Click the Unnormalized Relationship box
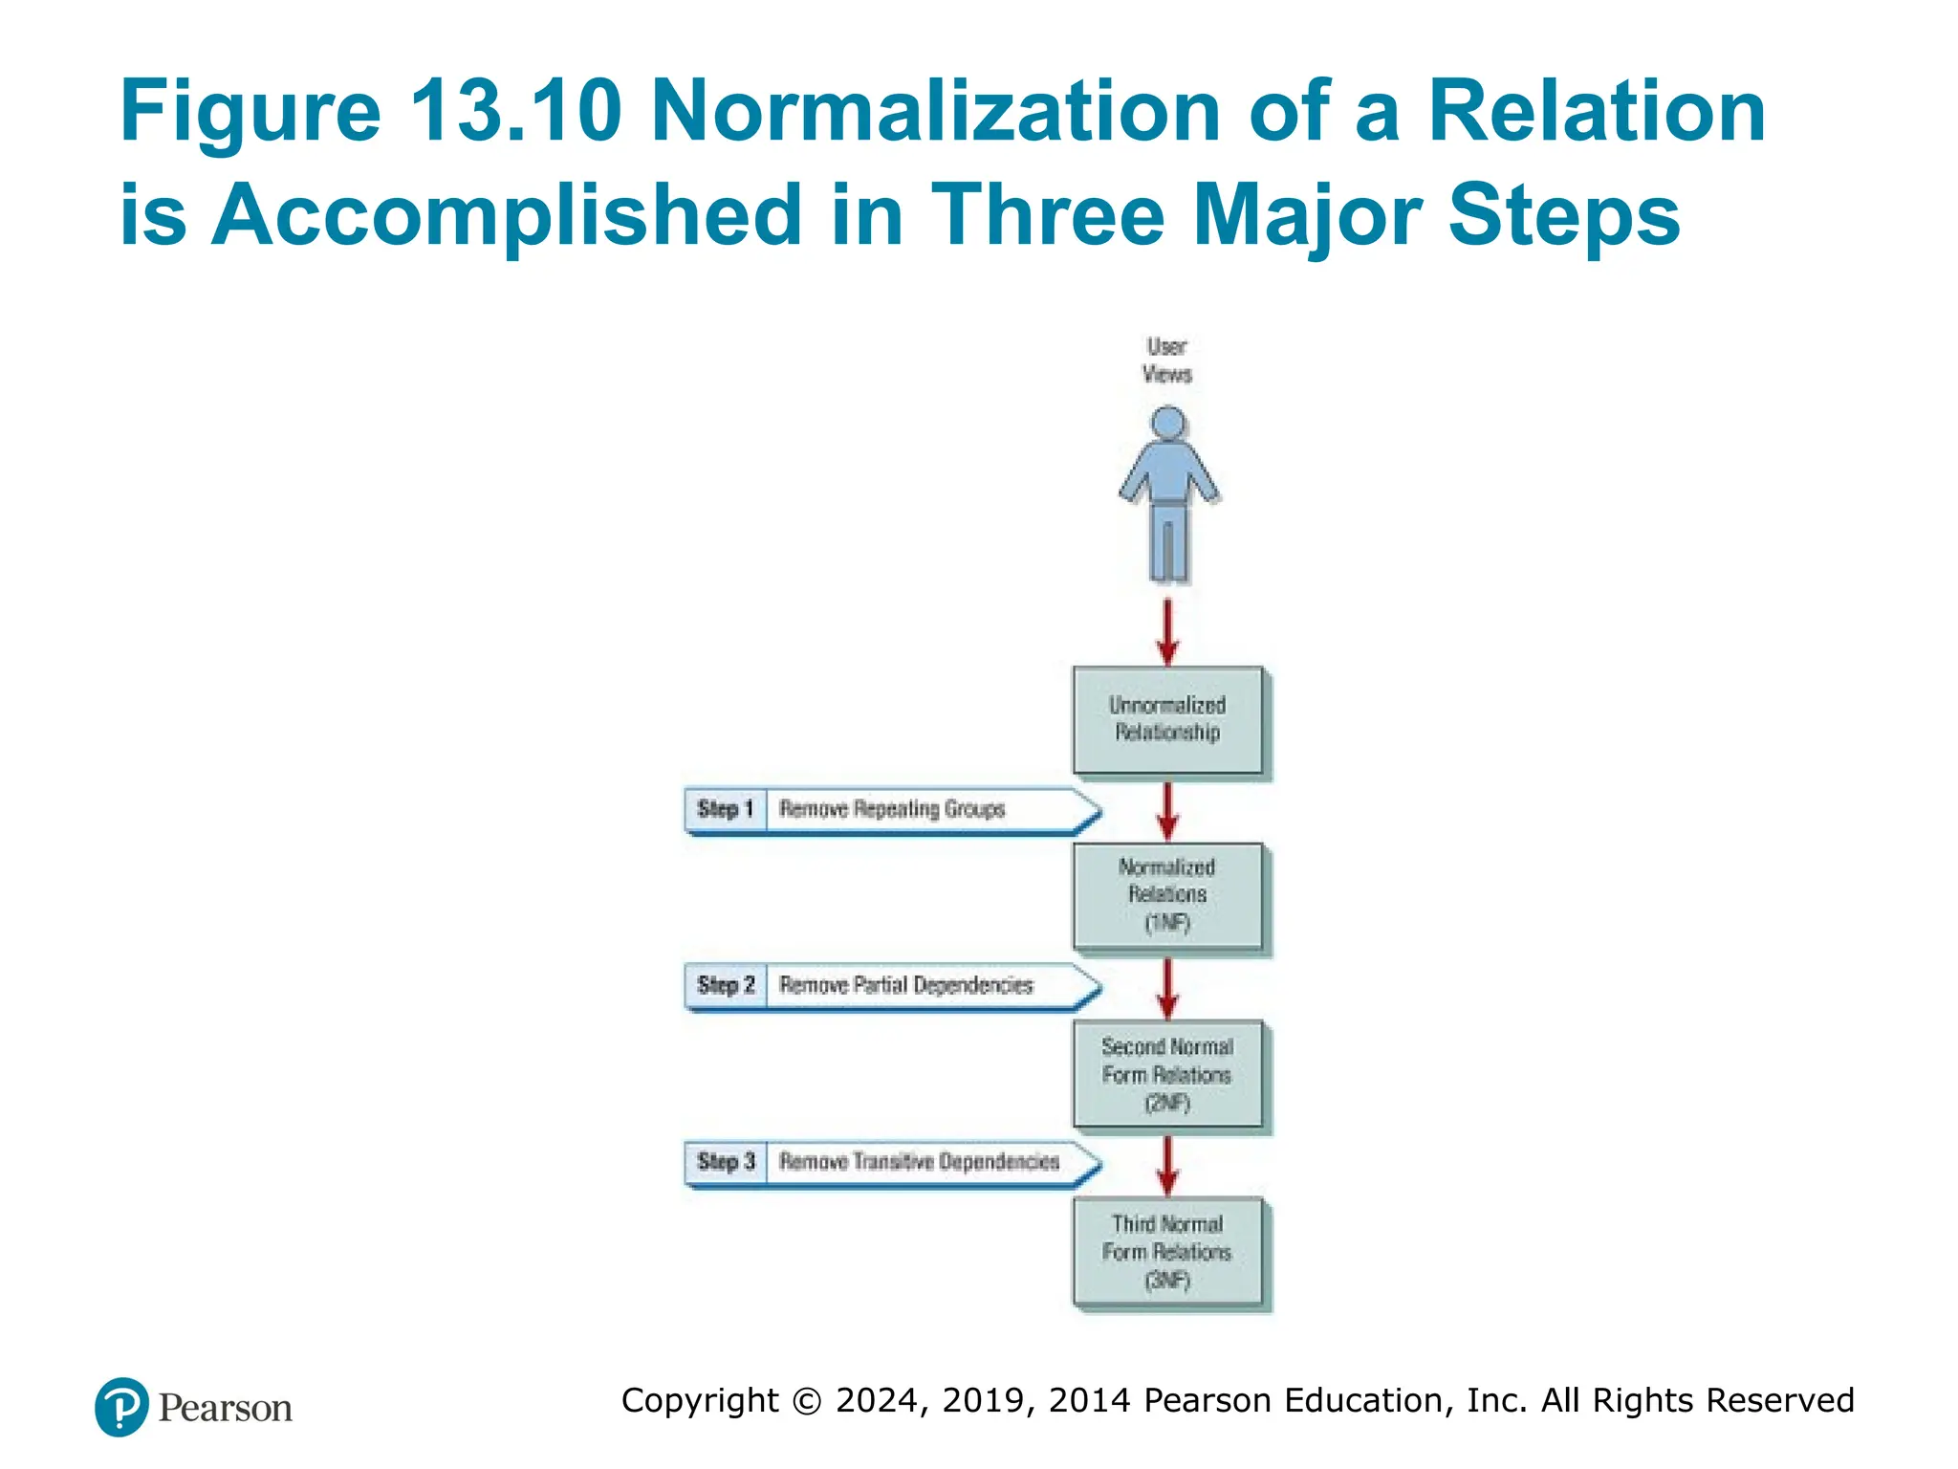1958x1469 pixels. point(1167,720)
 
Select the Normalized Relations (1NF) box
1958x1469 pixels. point(1167,896)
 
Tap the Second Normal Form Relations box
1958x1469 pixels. point(1167,1074)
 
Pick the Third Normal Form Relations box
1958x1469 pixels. point(1167,1251)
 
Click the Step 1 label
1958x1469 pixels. point(726,809)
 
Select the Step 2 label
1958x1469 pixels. point(726,985)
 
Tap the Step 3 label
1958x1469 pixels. point(726,1162)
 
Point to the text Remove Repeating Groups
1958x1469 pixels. point(892,809)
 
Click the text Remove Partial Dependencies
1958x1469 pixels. point(905,985)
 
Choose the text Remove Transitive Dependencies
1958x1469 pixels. point(919,1162)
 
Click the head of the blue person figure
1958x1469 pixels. point(1168,423)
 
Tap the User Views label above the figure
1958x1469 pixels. point(1167,361)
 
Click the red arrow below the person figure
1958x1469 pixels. point(1167,631)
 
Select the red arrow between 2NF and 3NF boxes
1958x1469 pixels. point(1167,1165)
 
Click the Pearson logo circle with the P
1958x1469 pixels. point(121,1407)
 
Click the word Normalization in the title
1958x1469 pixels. point(935,111)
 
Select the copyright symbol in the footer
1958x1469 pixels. point(807,1401)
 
